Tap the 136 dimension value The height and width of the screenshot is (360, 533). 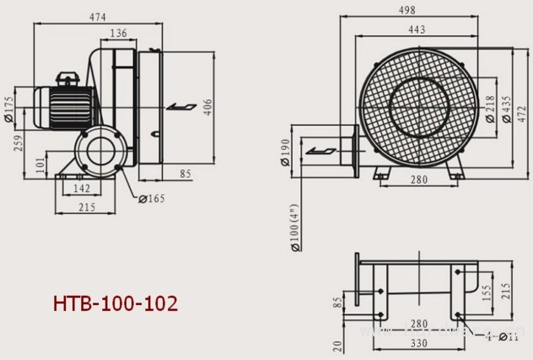tap(120, 33)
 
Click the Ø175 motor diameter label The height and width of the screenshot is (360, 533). tap(8, 109)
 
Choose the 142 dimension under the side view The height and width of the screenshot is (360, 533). tap(83, 189)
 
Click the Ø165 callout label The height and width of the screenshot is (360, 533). tap(153, 199)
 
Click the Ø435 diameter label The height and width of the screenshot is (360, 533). tap(506, 107)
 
